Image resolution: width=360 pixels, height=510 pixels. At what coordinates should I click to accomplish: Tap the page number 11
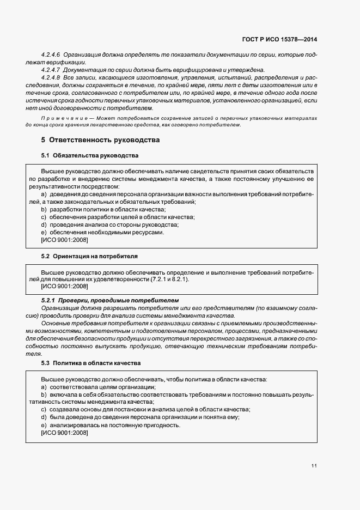click(x=314, y=466)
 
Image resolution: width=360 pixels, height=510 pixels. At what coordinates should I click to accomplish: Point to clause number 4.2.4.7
click(x=52, y=70)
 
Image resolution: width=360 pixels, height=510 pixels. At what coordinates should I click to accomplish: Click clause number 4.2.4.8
click(x=52, y=78)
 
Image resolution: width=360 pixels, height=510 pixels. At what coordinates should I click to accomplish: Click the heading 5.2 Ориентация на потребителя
click(x=89, y=256)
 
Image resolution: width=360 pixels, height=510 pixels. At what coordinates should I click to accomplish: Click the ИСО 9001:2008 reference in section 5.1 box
click(x=64, y=240)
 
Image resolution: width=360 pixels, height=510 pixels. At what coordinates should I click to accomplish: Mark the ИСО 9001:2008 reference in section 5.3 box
click(x=64, y=433)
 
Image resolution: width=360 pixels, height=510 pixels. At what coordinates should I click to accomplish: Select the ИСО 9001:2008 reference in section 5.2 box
click(x=64, y=286)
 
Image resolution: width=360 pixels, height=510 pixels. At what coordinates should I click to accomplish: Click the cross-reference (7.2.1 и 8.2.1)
click(x=169, y=279)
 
